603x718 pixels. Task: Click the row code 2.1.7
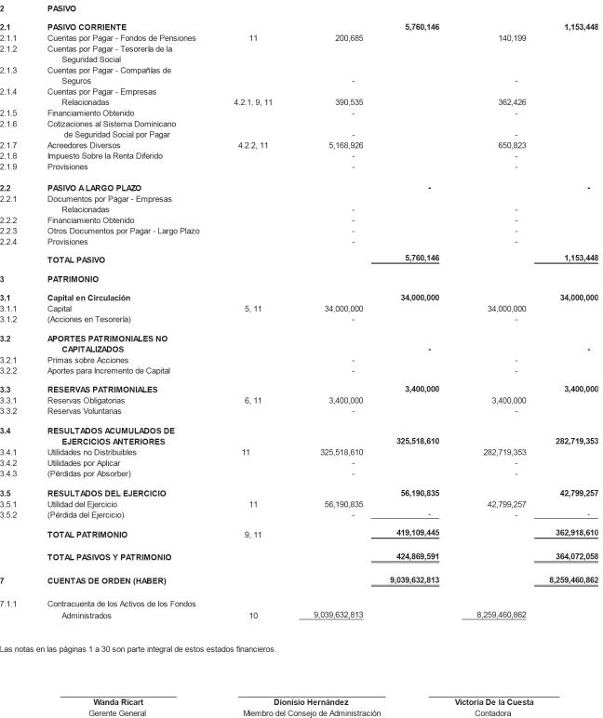(x=8, y=145)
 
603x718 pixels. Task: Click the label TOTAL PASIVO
(x=76, y=259)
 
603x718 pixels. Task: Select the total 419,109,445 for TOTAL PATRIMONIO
(x=417, y=535)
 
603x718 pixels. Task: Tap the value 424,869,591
(x=417, y=557)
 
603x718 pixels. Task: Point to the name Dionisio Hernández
(x=311, y=702)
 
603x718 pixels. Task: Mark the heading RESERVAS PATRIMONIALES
(x=102, y=389)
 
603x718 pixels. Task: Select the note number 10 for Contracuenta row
(x=253, y=616)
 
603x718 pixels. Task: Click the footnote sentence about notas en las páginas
(x=138, y=649)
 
